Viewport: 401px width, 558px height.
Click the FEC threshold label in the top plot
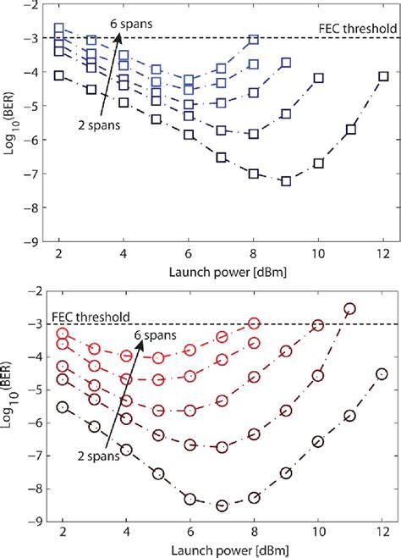click(344, 25)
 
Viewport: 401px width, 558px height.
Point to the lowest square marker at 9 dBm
click(286, 180)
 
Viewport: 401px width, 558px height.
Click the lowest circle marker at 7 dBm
click(222, 506)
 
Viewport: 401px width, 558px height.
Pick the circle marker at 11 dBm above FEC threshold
click(350, 309)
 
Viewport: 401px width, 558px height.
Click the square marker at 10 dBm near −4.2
click(319, 78)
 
